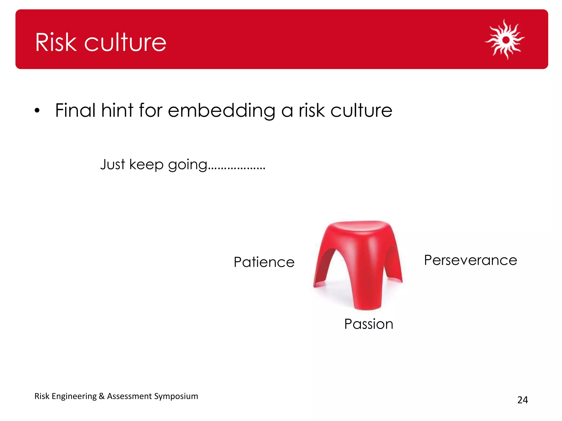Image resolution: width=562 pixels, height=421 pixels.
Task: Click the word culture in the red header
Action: [x=125, y=42]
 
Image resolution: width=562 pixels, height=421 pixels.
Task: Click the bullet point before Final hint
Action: [x=37, y=111]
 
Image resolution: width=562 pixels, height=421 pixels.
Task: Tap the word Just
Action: [x=113, y=164]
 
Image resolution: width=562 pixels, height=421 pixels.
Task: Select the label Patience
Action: [x=264, y=262]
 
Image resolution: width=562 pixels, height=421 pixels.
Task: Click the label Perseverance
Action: [x=470, y=260]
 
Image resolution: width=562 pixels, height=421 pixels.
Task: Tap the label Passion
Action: [x=369, y=324]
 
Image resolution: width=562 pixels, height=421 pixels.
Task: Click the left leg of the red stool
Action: [x=321, y=269]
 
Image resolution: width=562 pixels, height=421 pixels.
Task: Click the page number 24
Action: [x=522, y=400]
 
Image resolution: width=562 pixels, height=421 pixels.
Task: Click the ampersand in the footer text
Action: [x=102, y=396]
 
